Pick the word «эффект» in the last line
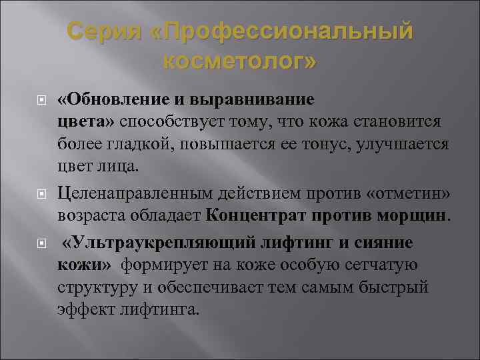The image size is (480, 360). click(83, 311)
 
